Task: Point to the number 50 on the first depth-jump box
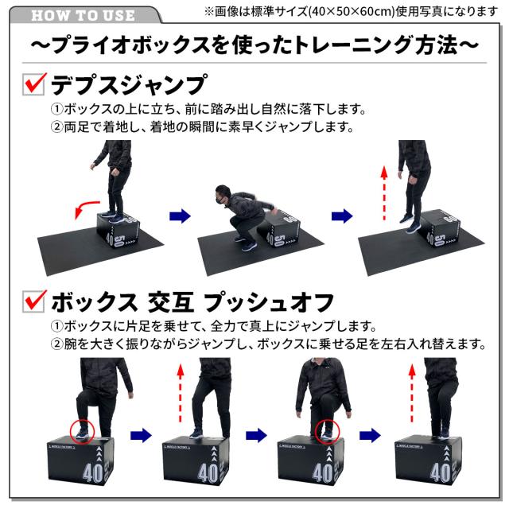tap(118, 239)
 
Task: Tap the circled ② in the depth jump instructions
tap(57, 127)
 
